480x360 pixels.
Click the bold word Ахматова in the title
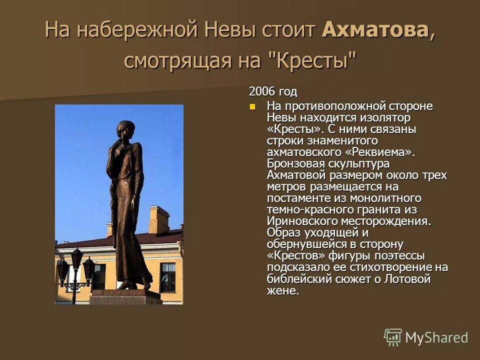(375, 29)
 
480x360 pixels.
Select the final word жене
(282, 290)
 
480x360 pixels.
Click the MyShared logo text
(436, 337)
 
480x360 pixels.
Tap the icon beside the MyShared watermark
(393, 337)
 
